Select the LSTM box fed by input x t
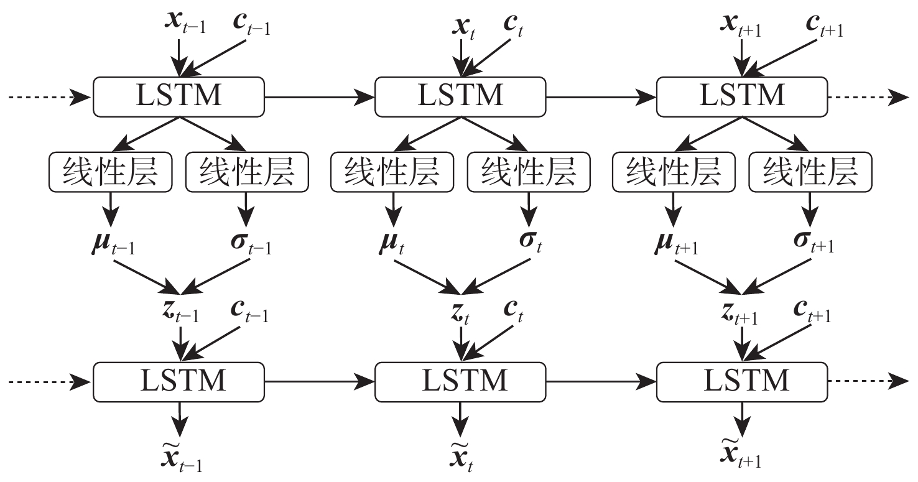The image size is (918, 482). point(460,97)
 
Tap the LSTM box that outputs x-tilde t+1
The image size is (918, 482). point(742,379)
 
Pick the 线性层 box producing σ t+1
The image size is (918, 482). point(810,171)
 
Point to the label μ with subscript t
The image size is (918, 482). point(391,243)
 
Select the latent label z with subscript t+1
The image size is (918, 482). point(739,315)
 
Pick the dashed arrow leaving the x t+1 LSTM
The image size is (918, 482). point(868,97)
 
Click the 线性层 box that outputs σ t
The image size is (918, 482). point(529,171)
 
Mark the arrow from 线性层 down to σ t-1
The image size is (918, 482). point(246,210)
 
